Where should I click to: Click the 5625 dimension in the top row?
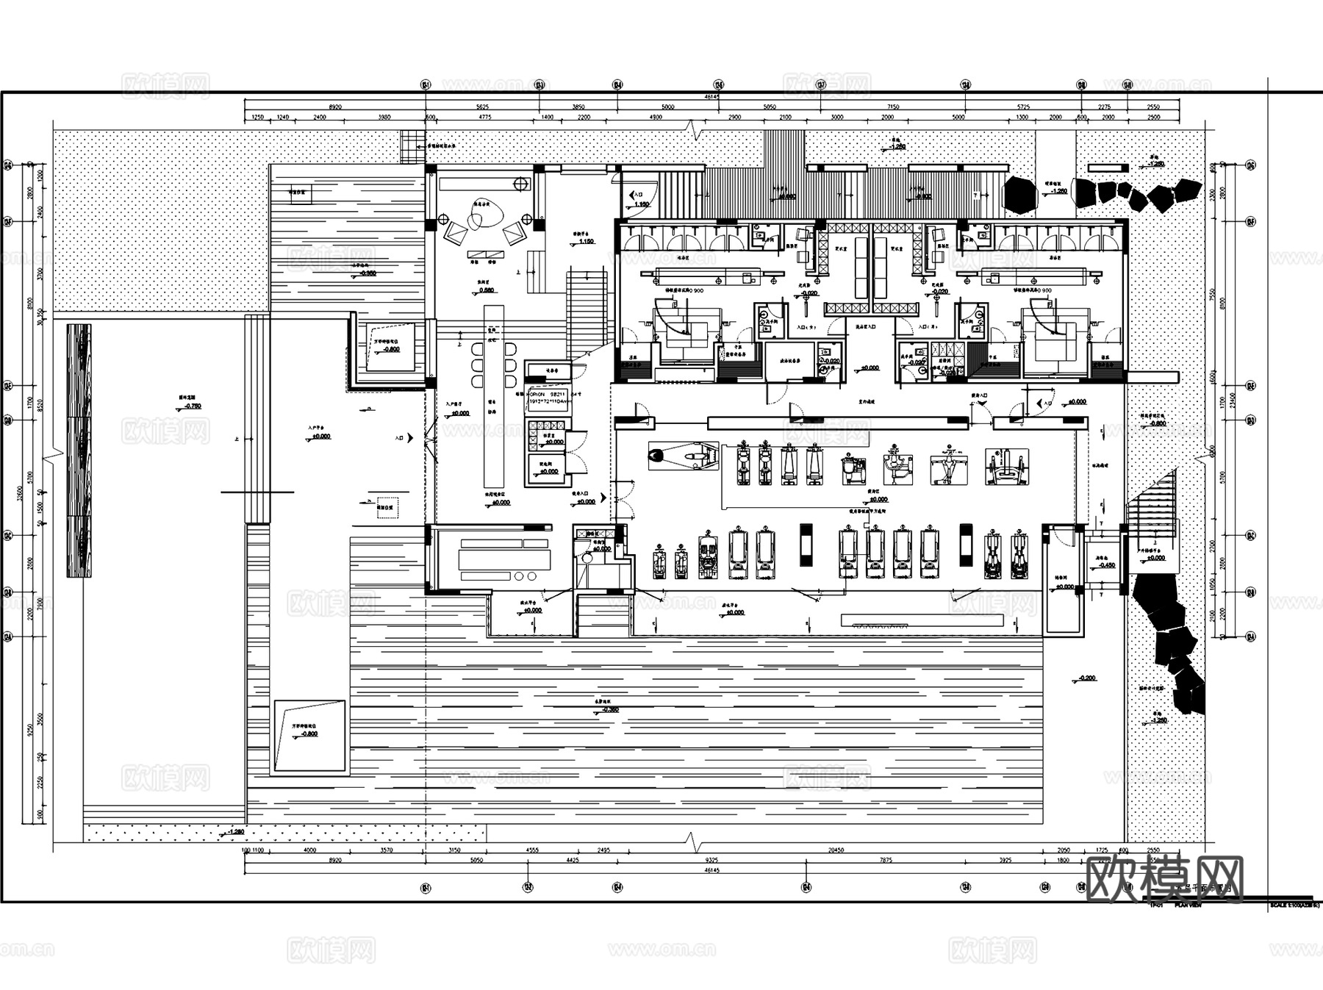[x=482, y=107]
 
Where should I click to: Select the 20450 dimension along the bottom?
[x=836, y=850]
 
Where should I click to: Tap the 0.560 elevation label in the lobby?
[x=486, y=290]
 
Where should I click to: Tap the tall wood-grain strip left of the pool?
[x=79, y=450]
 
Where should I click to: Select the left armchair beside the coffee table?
[x=455, y=234]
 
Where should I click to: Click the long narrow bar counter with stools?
[x=493, y=397]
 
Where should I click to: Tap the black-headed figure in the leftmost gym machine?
[x=659, y=456]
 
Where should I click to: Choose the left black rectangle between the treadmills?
[x=806, y=545]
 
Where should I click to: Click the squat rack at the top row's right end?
[x=1006, y=467]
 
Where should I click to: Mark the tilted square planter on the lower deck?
[x=309, y=735]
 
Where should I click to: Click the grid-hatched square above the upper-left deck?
[x=412, y=146]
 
